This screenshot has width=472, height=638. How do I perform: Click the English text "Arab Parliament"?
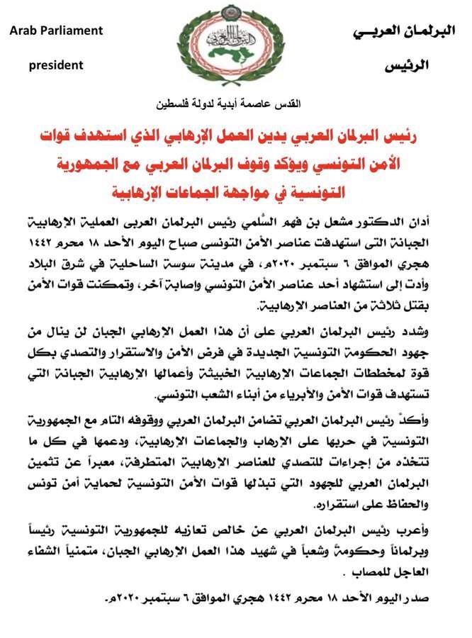click(57, 31)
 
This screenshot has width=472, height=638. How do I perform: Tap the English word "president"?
click(57, 65)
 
